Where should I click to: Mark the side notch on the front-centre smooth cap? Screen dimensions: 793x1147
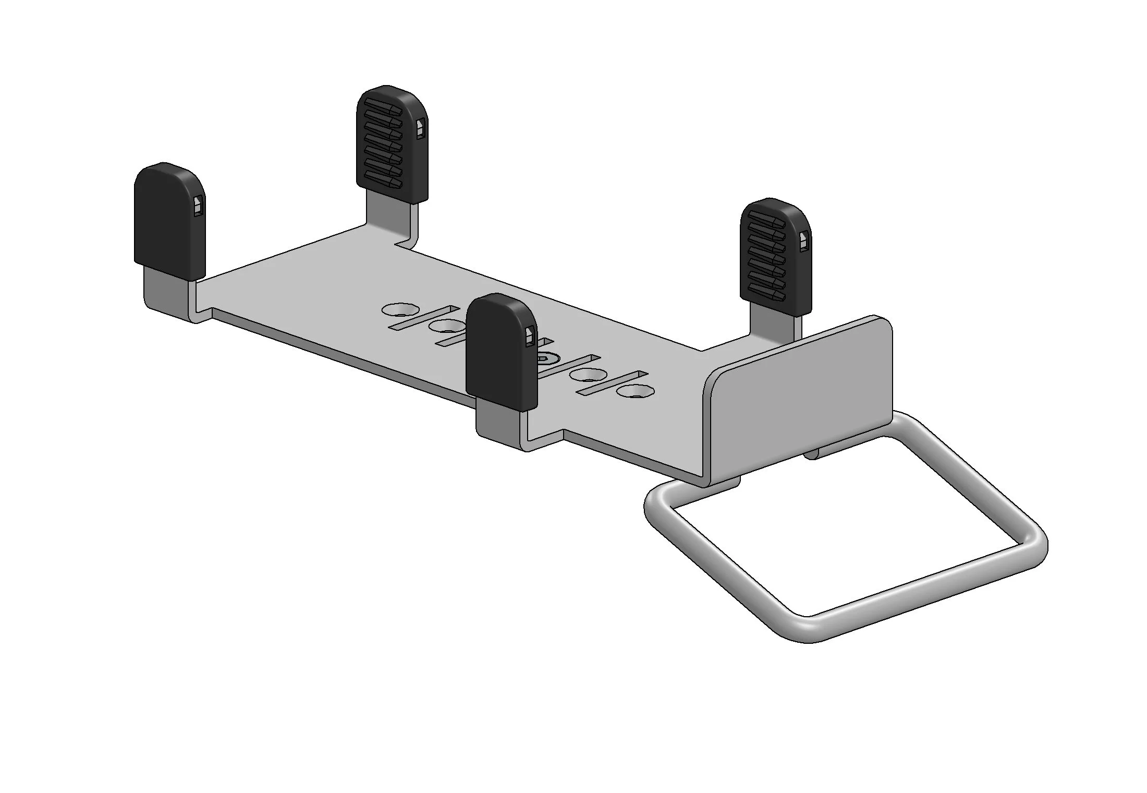pyautogui.click(x=530, y=337)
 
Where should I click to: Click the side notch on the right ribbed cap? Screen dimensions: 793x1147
pyautogui.click(x=804, y=241)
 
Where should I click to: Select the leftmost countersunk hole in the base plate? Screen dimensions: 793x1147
pyautogui.click(x=396, y=310)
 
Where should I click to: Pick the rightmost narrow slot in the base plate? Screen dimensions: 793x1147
pyautogui.click(x=615, y=383)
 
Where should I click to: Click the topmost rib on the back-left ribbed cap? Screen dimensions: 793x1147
pyautogui.click(x=382, y=101)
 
